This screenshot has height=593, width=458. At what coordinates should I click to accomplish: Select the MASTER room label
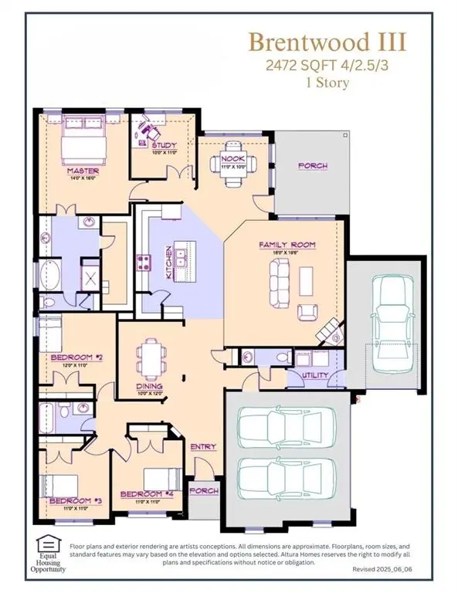(x=80, y=170)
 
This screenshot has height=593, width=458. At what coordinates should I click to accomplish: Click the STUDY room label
(x=164, y=145)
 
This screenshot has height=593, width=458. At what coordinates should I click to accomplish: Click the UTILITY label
(x=315, y=375)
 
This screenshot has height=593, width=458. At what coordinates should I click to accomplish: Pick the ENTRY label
(x=203, y=447)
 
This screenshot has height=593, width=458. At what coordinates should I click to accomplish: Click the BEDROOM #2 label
(x=71, y=357)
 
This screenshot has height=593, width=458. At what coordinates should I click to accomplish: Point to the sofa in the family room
(x=277, y=281)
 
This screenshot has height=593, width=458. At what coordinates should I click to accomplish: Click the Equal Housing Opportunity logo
(x=49, y=553)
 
